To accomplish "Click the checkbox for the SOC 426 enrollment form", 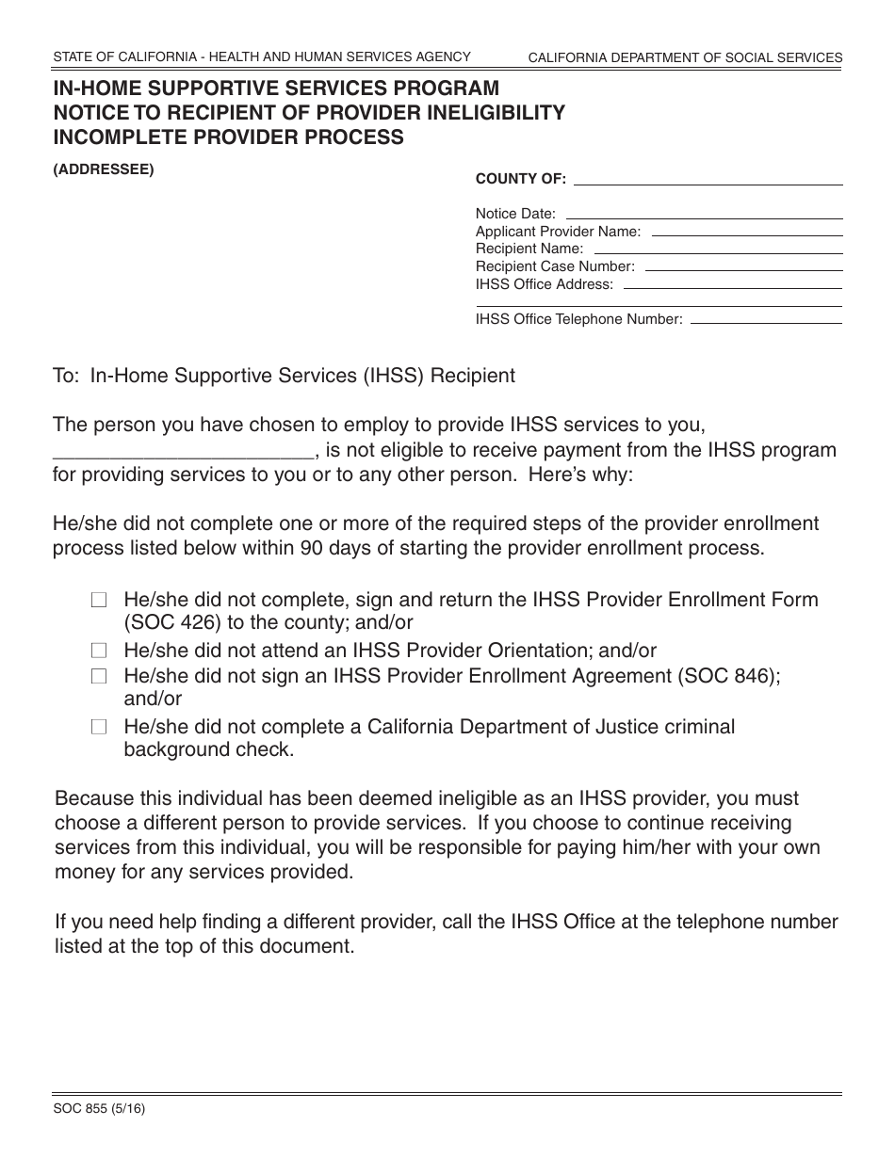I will click(99, 600).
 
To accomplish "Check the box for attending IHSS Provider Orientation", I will click(99, 651).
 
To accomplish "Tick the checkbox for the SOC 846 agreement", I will click(99, 676).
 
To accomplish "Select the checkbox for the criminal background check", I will click(99, 727).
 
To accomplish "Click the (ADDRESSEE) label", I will click(103, 170).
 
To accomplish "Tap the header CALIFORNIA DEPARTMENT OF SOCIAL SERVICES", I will click(685, 57).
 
